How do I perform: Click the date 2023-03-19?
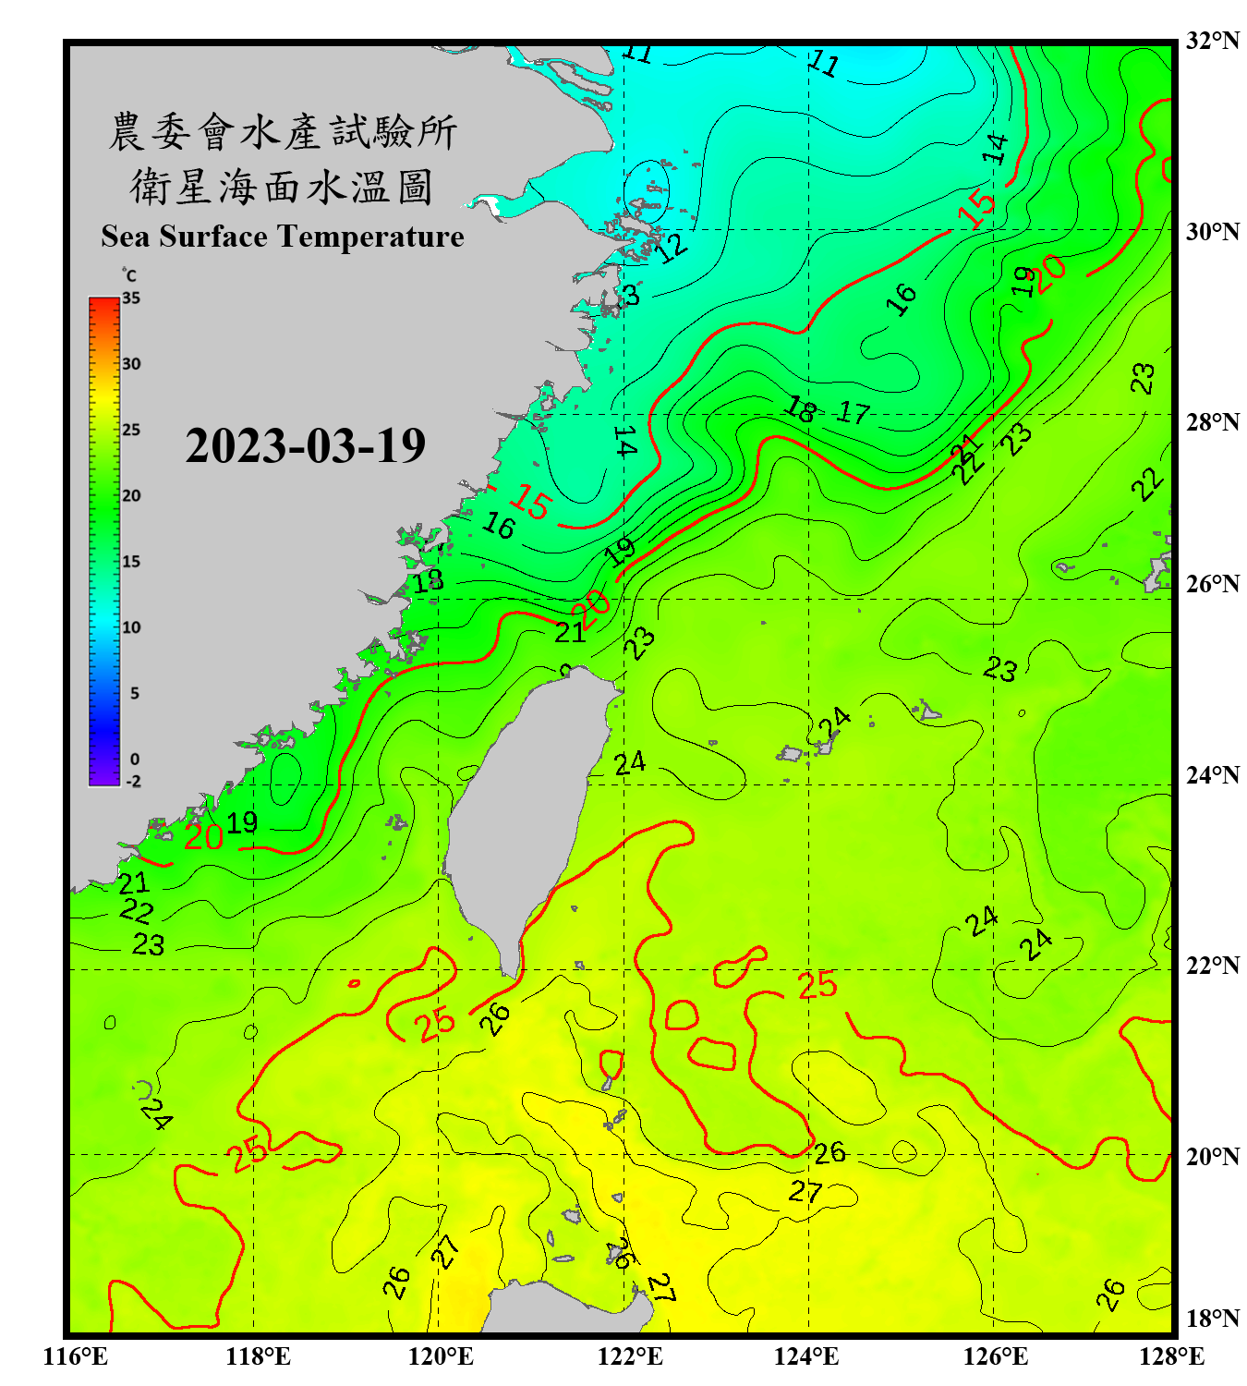tap(305, 446)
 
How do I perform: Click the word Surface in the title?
tap(212, 237)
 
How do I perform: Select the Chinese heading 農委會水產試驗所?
tap(283, 131)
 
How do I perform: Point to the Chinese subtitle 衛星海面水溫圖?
tap(282, 187)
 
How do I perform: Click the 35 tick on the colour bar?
tap(131, 298)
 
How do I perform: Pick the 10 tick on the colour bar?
tap(131, 627)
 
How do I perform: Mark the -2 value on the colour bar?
tap(133, 781)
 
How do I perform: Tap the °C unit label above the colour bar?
tap(129, 275)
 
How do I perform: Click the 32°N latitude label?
tap(1212, 41)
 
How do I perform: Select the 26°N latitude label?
tap(1212, 584)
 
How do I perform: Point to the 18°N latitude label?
tap(1212, 1319)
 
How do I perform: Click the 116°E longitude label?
tap(76, 1356)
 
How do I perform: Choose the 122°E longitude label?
tap(630, 1356)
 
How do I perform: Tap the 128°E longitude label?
tap(1171, 1356)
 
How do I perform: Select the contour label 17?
tap(854, 412)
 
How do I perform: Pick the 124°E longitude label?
tap(806, 1356)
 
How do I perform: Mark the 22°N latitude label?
tap(1212, 966)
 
